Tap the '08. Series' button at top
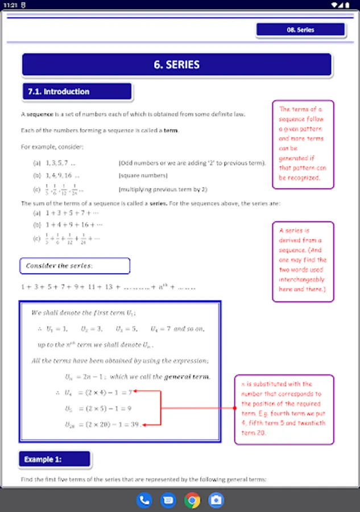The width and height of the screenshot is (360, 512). (301, 30)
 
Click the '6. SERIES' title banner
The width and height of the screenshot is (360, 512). (176, 65)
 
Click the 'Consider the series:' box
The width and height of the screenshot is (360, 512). (75, 266)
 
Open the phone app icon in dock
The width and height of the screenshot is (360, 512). (144, 500)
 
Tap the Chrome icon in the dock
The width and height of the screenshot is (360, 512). (192, 500)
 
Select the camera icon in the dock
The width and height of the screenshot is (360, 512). (216, 500)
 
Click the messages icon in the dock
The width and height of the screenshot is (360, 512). (168, 500)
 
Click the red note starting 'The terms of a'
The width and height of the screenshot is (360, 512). (303, 143)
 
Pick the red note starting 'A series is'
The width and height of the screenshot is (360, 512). (303, 261)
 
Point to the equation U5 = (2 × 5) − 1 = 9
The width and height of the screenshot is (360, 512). (98, 408)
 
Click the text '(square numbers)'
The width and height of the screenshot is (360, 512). (143, 176)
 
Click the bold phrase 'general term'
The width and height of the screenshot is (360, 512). (186, 377)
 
